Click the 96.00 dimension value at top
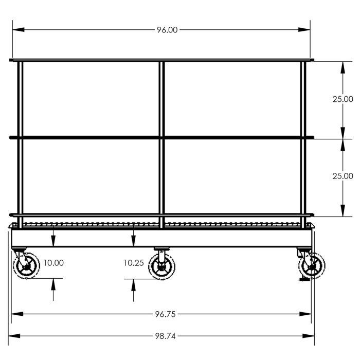tap(167, 30)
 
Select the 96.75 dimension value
tap(165, 314)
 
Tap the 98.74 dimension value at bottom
tap(165, 336)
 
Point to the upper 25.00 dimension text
tap(343, 99)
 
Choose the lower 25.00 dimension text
tap(343, 176)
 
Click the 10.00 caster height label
tap(53, 263)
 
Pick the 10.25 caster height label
tap(134, 263)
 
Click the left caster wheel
tap(26, 266)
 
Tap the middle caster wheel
tap(161, 266)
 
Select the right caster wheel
tap(312, 266)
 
